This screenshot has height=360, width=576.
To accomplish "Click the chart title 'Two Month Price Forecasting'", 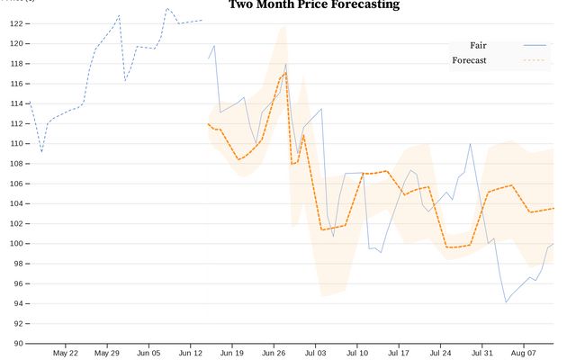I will point(313,4).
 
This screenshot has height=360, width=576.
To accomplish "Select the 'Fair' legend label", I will point(478,45).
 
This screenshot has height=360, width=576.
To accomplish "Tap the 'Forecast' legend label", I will point(469,60).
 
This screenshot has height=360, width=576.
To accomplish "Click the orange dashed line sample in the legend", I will point(535,60).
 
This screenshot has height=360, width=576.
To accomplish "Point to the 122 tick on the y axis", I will point(17,23).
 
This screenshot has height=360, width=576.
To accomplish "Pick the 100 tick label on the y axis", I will point(17,244).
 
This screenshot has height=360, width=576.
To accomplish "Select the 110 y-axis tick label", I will point(17,144).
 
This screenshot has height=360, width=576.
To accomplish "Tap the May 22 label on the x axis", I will point(66,353).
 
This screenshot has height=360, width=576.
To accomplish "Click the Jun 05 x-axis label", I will point(149,353).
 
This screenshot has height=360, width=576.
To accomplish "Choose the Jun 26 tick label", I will point(274,353).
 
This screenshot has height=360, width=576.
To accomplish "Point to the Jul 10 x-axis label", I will point(357,353).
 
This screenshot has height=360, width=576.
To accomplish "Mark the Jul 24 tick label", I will point(440,353).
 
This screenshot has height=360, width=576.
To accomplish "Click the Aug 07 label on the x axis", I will point(524,353).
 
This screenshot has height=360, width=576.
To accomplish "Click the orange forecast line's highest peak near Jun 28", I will point(286,72).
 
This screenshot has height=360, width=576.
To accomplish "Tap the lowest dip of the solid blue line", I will point(506,302).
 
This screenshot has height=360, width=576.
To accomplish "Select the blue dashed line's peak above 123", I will point(166,9).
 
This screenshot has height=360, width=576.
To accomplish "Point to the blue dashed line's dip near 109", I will point(41,151).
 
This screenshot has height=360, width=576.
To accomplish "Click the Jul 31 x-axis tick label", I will point(482,353).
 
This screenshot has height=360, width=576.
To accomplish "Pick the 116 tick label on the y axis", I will point(17,84).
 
